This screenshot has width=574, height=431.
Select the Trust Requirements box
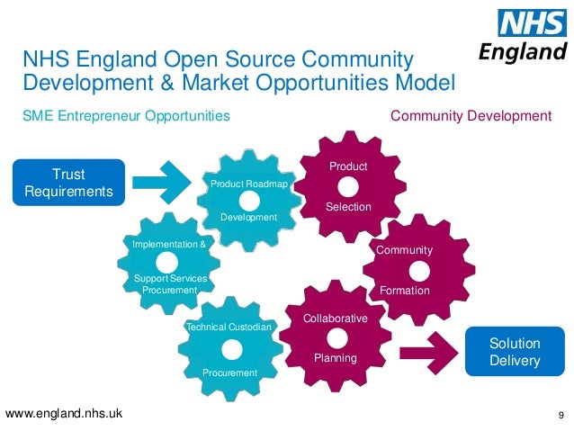point(68,182)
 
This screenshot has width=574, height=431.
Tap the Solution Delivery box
point(515,352)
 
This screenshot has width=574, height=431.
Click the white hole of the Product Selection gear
point(348,185)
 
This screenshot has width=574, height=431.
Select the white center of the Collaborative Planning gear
point(335,338)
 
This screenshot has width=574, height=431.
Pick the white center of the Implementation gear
point(168,261)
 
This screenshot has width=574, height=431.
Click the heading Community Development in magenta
point(470,116)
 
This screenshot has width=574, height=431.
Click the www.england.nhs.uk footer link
point(64,414)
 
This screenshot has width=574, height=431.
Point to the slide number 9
point(561,415)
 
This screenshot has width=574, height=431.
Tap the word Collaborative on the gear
point(335,319)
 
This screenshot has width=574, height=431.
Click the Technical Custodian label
point(228,327)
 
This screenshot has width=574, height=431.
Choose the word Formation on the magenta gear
point(405,291)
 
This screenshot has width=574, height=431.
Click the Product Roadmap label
point(248,184)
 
